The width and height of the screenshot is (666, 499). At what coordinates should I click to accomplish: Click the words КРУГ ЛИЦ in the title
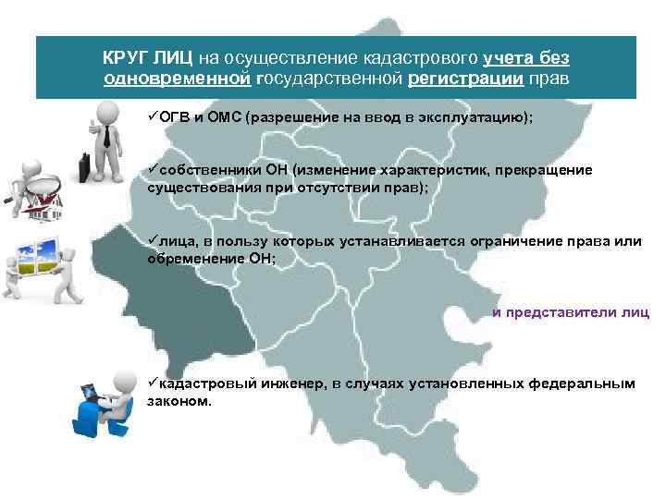tap(147, 57)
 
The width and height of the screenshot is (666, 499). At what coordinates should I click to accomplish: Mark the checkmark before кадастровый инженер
tap(152, 383)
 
